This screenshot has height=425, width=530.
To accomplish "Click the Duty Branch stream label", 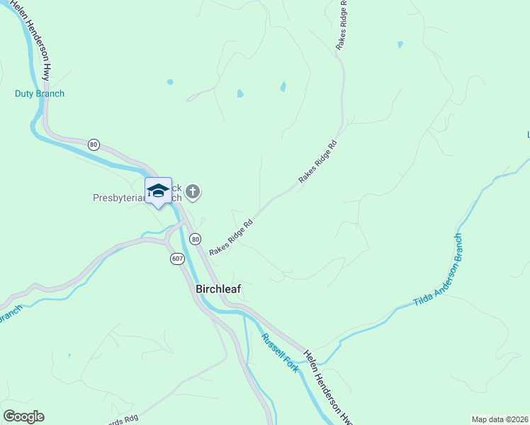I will [40, 93].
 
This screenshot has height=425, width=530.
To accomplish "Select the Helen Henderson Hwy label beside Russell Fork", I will [329, 387].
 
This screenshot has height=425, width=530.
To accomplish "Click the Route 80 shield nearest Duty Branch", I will [94, 144].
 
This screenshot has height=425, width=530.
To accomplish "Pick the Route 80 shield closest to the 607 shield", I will [195, 239].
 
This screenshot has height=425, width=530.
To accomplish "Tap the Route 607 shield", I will [177, 259].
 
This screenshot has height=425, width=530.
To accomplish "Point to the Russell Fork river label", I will [279, 353].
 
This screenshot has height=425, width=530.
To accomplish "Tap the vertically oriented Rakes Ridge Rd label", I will [342, 25].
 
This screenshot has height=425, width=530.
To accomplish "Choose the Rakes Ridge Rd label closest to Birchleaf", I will [231, 238].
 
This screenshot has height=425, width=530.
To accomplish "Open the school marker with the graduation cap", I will [158, 191].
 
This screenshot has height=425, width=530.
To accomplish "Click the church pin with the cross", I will [193, 191].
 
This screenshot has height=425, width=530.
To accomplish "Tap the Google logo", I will [23, 416].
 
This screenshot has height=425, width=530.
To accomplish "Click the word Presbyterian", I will [118, 198].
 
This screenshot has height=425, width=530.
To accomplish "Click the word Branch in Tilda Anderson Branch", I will [461, 247].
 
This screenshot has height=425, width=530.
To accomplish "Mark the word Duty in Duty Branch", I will [23, 93].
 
